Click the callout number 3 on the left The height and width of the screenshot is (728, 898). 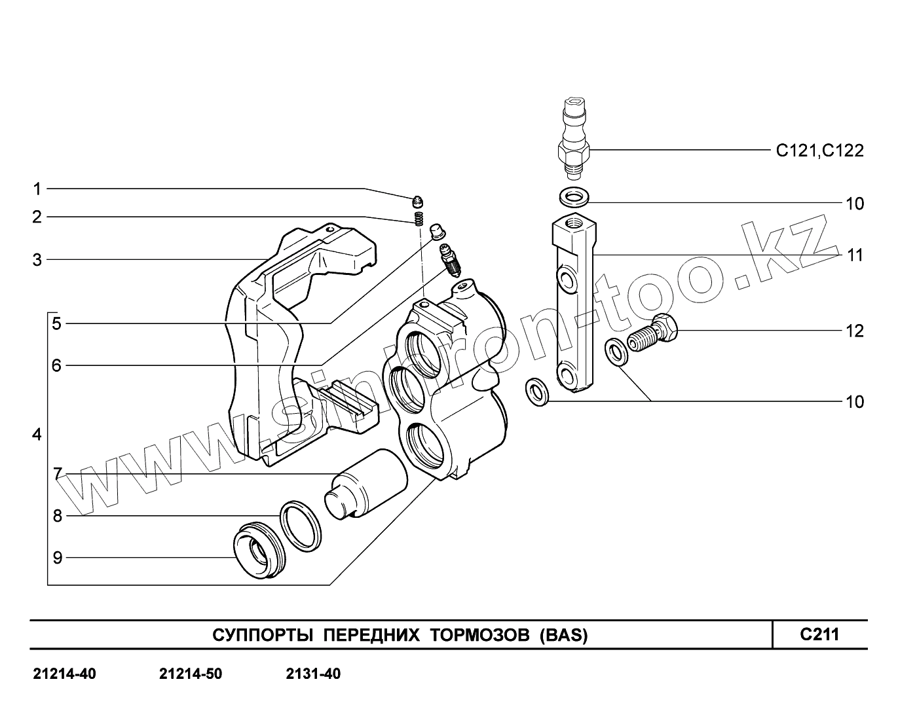click(37, 260)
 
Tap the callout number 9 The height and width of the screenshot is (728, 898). click(57, 558)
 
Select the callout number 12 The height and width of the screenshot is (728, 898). click(854, 331)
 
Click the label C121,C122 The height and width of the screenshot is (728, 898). click(819, 151)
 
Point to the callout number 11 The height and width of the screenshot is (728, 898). click(854, 255)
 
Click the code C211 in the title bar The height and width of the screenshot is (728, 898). click(819, 634)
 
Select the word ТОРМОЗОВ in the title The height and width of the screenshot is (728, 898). click(480, 635)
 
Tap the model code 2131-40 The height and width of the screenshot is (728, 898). click(313, 674)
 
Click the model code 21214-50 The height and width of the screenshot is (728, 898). click(191, 674)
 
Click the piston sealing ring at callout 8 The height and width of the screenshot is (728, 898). click(301, 525)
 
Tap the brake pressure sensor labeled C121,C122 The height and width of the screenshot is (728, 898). click(574, 141)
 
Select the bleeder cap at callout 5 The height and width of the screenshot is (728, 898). click(436, 231)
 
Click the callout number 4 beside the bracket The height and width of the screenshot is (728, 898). click(37, 435)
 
